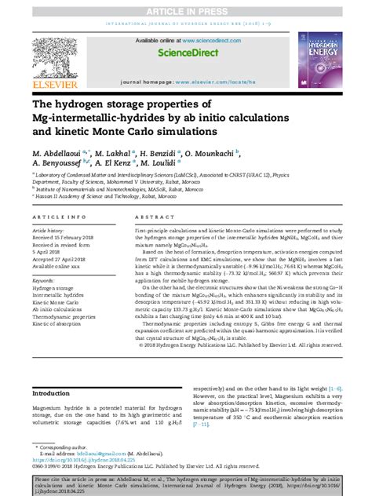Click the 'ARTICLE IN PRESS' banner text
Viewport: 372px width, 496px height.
(x=186, y=5)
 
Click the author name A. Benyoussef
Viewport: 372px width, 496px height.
(x=60, y=164)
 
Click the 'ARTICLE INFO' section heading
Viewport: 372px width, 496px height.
(x=54, y=216)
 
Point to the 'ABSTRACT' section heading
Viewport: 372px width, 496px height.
(x=151, y=216)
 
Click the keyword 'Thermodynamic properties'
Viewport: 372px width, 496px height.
(x=64, y=315)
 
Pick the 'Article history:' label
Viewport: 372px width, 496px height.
(x=49, y=231)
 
